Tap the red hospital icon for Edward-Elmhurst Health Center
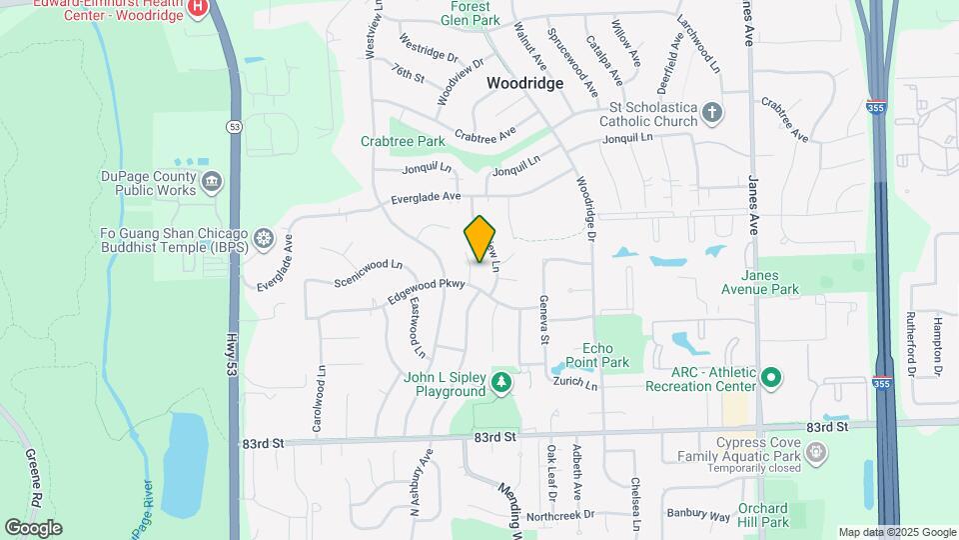click(x=198, y=8)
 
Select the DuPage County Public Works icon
click(x=212, y=181)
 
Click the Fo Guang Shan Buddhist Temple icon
click(x=264, y=238)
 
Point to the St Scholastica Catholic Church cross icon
click(x=711, y=112)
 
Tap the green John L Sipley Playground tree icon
click(x=500, y=381)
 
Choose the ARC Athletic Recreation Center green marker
click(x=770, y=378)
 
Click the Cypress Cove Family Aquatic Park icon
click(x=817, y=452)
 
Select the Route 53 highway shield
click(x=234, y=126)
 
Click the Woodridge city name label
click(x=525, y=84)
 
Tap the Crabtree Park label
click(x=403, y=141)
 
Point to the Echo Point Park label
click(x=611, y=354)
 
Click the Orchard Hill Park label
click(x=763, y=515)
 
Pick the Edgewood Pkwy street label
click(x=428, y=290)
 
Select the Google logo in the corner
click(x=33, y=527)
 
